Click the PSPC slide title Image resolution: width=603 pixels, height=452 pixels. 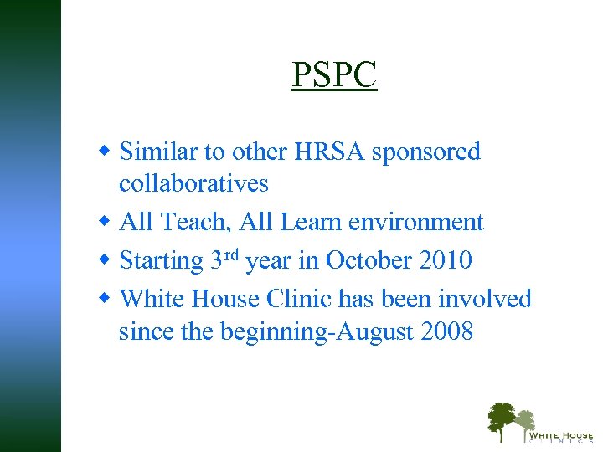coord(334,75)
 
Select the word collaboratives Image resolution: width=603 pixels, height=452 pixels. coord(193,183)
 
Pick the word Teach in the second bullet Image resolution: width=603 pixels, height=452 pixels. coord(191,222)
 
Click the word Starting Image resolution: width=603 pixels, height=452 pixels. coord(162,260)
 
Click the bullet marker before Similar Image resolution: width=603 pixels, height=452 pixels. coord(105,152)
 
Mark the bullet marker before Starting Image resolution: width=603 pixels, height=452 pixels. coord(105,259)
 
